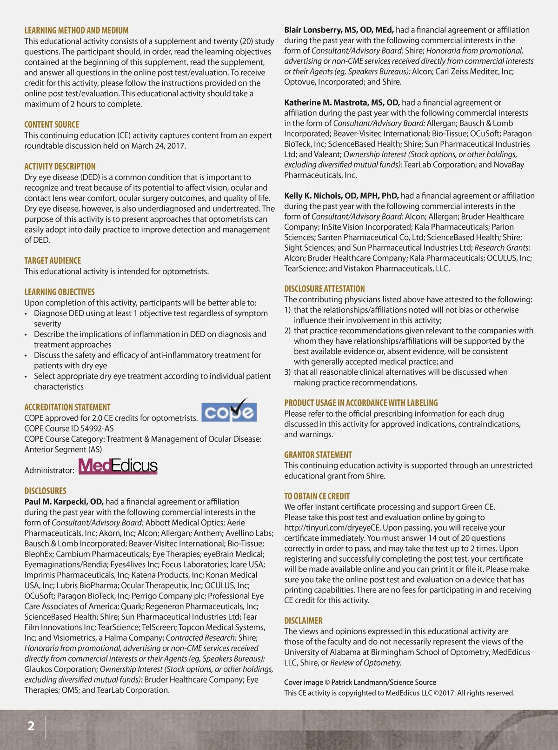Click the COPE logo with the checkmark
229,410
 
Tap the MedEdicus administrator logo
118,466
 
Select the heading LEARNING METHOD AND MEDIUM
76,30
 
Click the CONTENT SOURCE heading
52,125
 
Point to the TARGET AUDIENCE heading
53,260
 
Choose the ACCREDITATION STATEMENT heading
67,407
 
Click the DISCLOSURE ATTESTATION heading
325,289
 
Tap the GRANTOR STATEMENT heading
318,455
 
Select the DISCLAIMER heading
303,621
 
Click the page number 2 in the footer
31,726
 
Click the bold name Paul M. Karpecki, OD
64,502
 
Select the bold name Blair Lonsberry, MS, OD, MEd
339,30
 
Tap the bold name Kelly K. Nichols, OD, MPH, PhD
341,196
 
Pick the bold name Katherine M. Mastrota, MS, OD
342,102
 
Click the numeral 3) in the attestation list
287,372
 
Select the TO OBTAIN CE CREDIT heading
317,496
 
